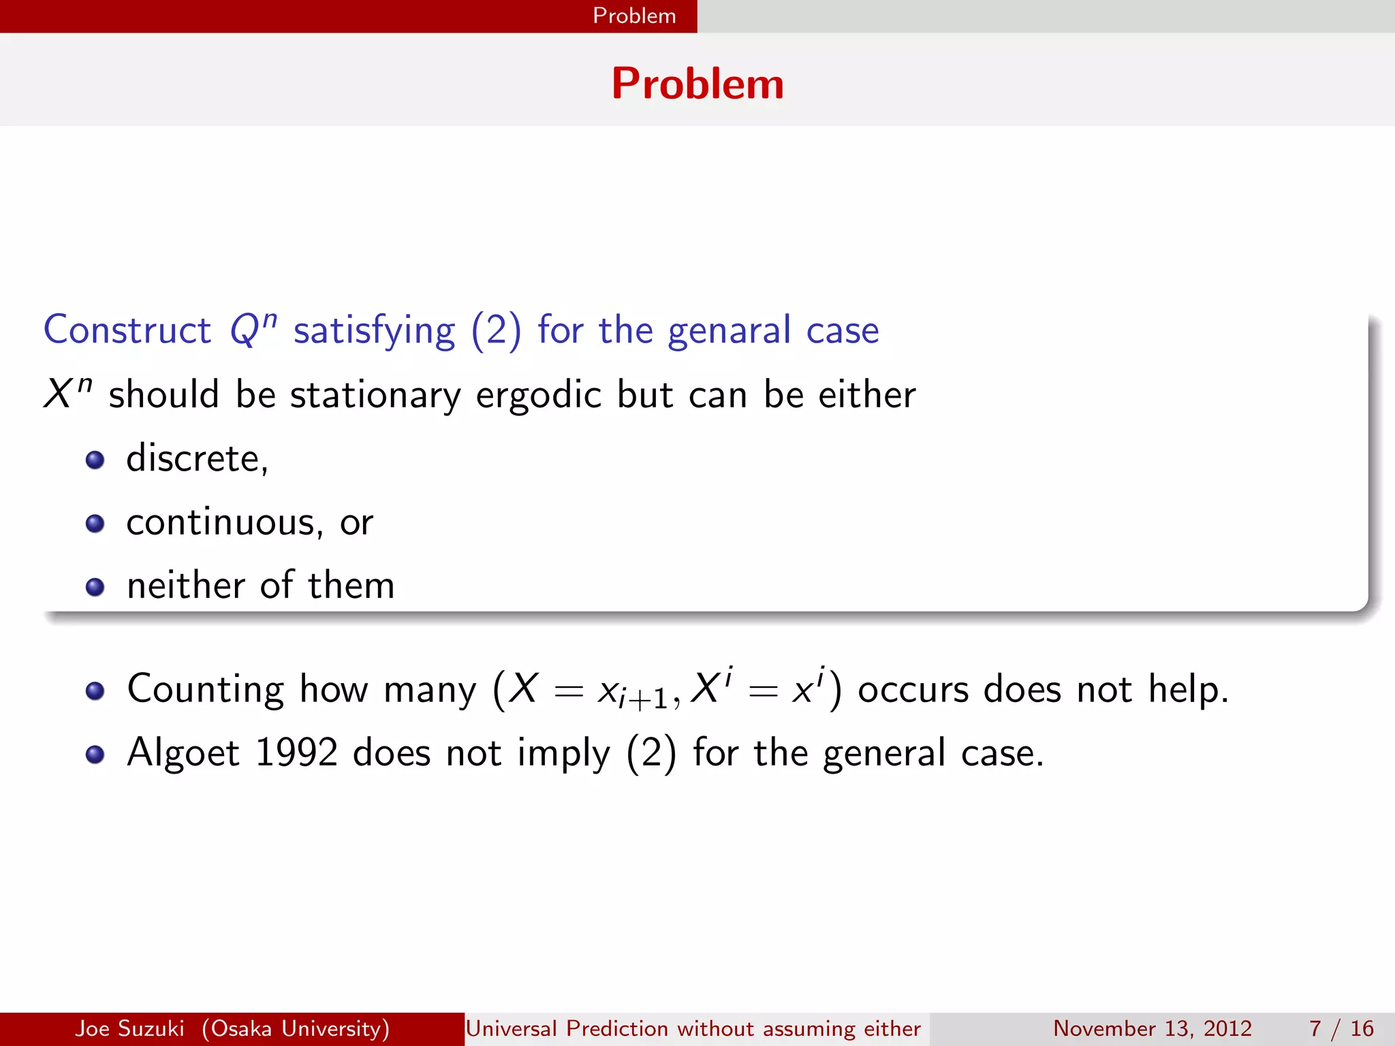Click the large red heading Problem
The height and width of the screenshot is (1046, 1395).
(697, 84)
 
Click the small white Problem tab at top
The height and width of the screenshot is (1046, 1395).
(634, 16)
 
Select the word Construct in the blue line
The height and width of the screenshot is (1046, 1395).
(127, 330)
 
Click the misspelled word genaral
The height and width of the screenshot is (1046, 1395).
(729, 332)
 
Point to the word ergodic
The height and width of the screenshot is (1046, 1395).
(538, 396)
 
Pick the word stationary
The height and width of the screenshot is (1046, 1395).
(375, 396)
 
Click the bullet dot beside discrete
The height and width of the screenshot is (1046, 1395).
(95, 460)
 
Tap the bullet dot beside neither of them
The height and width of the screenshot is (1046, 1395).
(95, 587)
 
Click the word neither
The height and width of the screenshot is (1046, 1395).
(185, 586)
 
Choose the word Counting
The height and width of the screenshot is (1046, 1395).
(205, 690)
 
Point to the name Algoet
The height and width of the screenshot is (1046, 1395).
(183, 753)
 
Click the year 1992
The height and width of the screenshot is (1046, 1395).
(296, 753)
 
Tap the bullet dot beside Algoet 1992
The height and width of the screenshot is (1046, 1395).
(95, 755)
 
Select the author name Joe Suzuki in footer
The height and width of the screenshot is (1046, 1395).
(129, 1028)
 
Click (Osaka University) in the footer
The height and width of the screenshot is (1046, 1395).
(296, 1028)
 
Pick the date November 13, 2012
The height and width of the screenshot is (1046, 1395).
(1153, 1028)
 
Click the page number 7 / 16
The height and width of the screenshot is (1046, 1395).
(1341, 1028)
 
